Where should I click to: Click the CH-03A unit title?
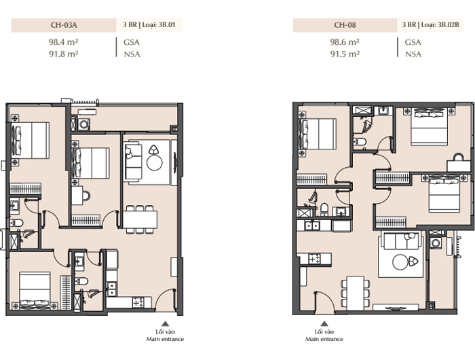pyautogui.click(x=64, y=25)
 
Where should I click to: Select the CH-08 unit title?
pyautogui.click(x=345, y=25)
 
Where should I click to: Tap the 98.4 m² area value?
pyautogui.click(x=64, y=42)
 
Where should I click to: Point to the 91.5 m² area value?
pyautogui.click(x=345, y=54)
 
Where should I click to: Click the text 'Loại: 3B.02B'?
pyautogui.click(x=440, y=25)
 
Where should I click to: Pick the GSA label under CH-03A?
pyautogui.click(x=132, y=42)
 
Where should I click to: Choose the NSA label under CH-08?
pyautogui.click(x=413, y=54)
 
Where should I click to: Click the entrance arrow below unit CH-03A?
pyautogui.click(x=165, y=323)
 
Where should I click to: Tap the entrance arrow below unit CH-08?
pyautogui.click(x=324, y=323)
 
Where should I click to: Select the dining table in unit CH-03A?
pyautogui.click(x=140, y=219)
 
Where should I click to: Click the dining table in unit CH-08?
pyautogui.click(x=356, y=293)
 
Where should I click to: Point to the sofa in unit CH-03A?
pyautogui.click(x=133, y=162)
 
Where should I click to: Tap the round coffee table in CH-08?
pyautogui.click(x=400, y=262)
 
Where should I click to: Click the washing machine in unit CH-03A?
pyautogui.click(x=83, y=124)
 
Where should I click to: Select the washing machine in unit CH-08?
pyautogui.click(x=436, y=243)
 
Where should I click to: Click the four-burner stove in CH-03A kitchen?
pyautogui.click(x=138, y=302)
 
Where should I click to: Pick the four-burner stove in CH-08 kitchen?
pyautogui.click(x=314, y=258)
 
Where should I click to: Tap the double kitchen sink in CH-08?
pyautogui.click(x=311, y=226)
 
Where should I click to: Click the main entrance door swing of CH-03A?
pyautogui.click(x=166, y=298)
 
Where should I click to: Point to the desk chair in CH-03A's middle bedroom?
pyautogui.click(x=86, y=196)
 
